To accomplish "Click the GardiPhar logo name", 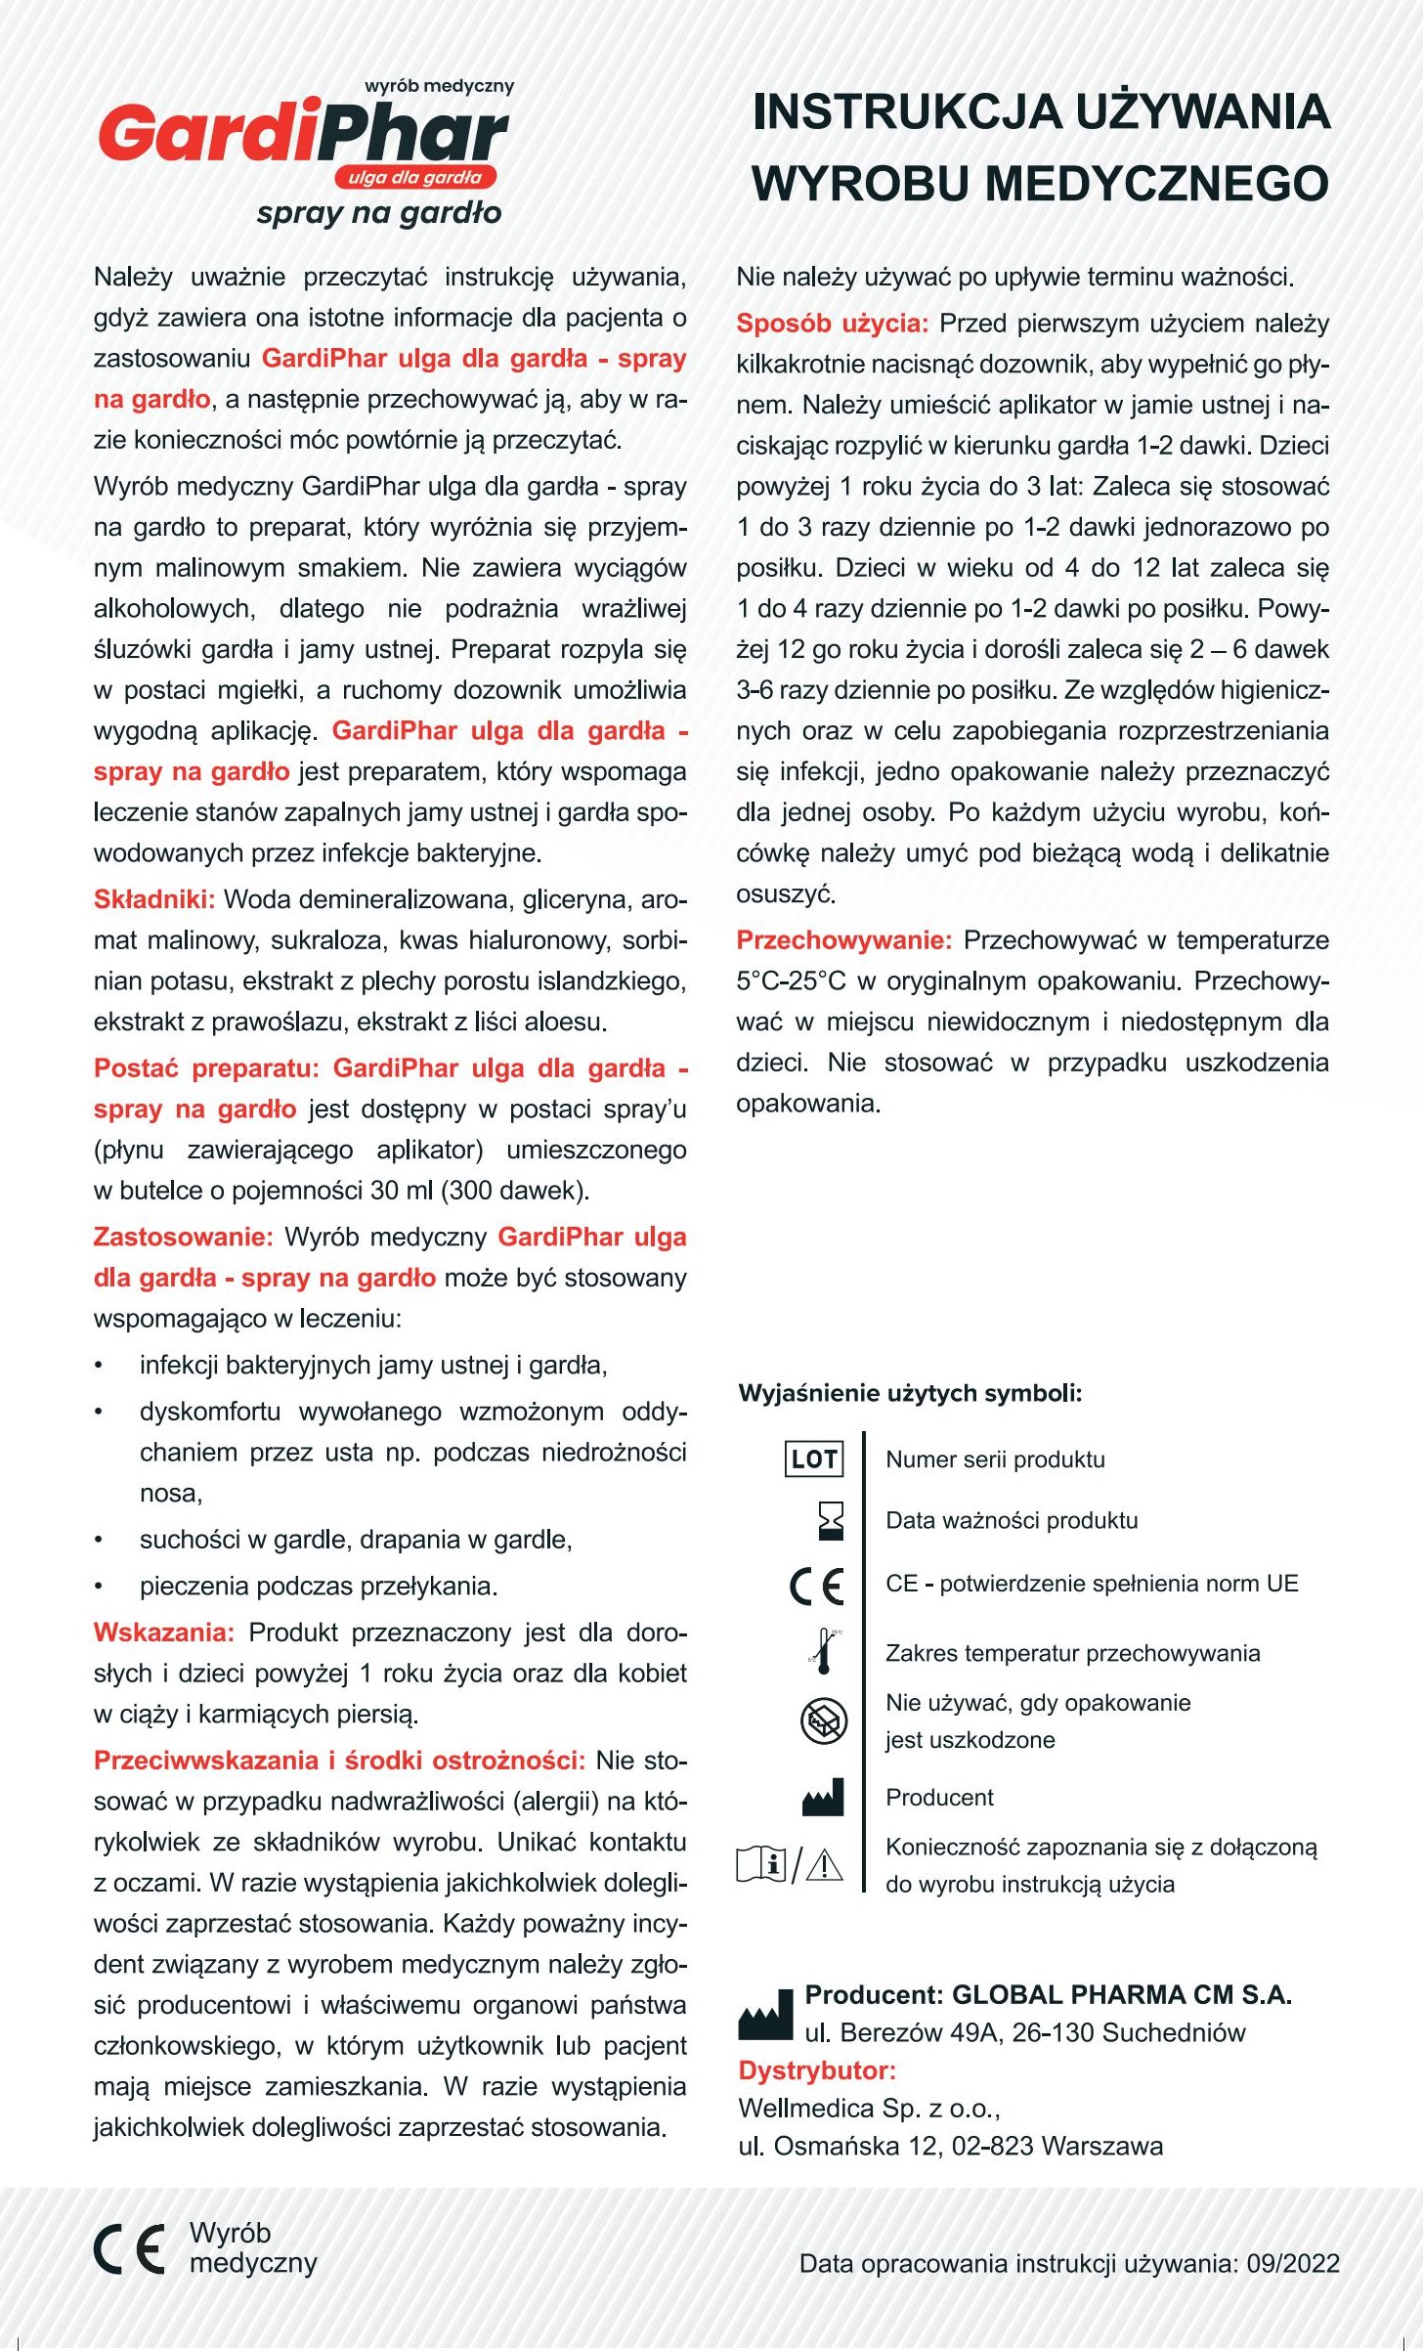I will pos(303,135).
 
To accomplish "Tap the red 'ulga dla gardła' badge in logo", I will pos(415,178).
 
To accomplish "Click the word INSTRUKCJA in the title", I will pos(887,112).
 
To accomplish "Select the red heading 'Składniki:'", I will pos(153,899).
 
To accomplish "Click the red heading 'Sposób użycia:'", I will pos(832,324).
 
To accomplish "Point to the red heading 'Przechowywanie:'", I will pos(843,940).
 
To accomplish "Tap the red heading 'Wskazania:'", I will pos(163,1633).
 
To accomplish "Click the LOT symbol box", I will pos(813,1459).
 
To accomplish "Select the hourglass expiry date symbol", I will pos(830,1521).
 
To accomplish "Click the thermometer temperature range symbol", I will pos(825,1651).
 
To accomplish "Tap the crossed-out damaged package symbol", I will pos(823,1721).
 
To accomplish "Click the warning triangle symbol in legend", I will pos(825,1865).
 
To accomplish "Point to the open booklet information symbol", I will pos(762,1864).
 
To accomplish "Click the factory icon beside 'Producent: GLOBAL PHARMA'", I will pos(765,2015).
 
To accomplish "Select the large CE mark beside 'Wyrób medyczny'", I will pos(129,2248).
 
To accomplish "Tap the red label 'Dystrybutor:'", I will pos(817,2070).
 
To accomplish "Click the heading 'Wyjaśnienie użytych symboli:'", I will pos(910,1393).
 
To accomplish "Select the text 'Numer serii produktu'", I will pos(995,1459).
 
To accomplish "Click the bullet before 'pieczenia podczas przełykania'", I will pos(99,1587).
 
